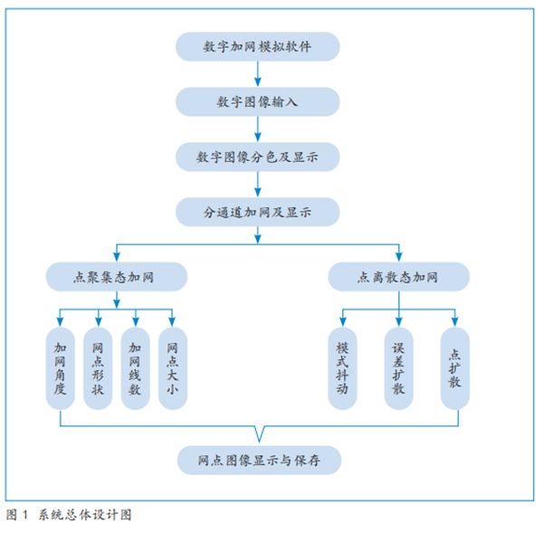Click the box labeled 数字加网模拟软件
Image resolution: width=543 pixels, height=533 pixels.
[258, 46]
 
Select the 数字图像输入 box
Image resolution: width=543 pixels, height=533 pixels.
[258, 101]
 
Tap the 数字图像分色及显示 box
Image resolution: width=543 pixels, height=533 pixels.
[258, 157]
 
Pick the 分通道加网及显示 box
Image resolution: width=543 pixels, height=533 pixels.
[258, 212]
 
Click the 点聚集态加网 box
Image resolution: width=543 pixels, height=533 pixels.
[117, 276]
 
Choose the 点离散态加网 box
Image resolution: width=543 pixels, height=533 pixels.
[399, 276]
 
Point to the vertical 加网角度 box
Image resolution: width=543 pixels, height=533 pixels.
[60, 367]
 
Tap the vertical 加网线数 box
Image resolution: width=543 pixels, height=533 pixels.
[136, 367]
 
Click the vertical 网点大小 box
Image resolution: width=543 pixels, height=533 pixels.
[173, 367]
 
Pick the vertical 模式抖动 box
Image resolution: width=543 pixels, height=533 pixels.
[342, 367]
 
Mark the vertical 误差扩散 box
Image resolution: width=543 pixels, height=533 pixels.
[398, 367]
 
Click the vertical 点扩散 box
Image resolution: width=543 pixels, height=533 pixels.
[455, 367]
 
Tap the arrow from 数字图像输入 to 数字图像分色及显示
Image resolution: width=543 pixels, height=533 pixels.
[258, 129]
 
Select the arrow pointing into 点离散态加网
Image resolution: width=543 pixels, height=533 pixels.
[399, 253]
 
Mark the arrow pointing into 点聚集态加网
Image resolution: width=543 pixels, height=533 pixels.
[117, 253]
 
